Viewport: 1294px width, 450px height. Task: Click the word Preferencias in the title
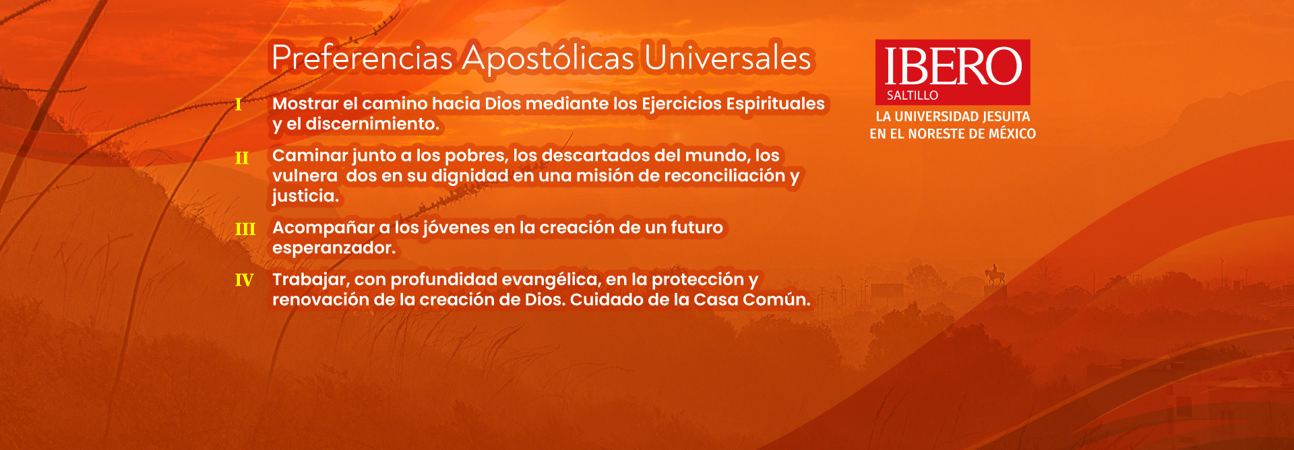(x=362, y=58)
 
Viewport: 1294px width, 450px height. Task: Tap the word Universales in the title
(x=728, y=58)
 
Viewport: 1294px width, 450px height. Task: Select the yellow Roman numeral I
(x=239, y=104)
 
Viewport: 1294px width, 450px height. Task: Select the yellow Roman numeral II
(x=242, y=158)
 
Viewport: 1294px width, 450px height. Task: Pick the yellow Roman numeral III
(x=245, y=230)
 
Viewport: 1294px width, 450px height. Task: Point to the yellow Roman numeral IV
(x=244, y=280)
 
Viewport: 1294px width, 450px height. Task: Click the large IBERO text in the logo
(x=953, y=67)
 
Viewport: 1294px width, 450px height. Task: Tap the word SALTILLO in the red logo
(x=913, y=96)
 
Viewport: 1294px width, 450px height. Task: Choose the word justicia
(x=305, y=196)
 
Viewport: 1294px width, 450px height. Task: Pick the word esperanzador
(x=334, y=249)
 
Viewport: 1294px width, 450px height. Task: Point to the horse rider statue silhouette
(x=995, y=275)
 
